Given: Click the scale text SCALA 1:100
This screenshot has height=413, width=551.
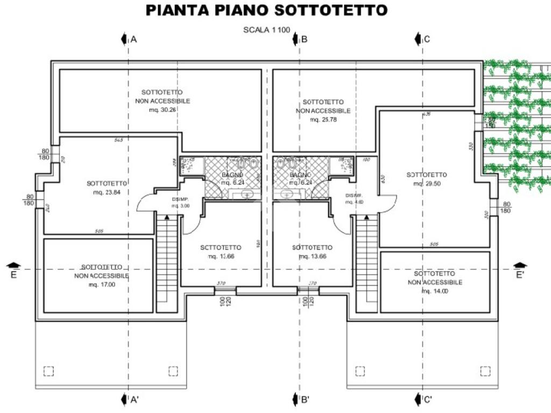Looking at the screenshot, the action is (x=267, y=30).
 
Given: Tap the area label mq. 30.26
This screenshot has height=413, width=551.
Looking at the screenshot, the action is (x=163, y=110).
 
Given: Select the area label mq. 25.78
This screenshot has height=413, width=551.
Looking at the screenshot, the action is (x=323, y=119).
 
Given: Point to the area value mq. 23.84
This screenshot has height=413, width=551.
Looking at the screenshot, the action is (x=107, y=192).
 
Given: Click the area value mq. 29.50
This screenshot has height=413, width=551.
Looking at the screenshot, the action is (x=427, y=183).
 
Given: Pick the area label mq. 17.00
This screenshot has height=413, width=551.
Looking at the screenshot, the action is (x=102, y=284).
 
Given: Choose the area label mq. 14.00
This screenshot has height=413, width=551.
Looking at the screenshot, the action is (x=435, y=291).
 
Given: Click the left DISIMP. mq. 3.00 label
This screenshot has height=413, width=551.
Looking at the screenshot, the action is (x=181, y=203).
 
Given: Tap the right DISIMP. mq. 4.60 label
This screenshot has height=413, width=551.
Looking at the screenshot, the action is (x=355, y=198).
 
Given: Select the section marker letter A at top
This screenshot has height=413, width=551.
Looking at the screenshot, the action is (x=134, y=39).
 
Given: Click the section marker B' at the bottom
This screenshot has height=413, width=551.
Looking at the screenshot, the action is (x=305, y=400).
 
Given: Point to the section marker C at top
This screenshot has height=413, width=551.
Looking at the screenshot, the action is (x=427, y=39).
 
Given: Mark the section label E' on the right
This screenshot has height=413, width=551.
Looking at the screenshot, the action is (x=520, y=275).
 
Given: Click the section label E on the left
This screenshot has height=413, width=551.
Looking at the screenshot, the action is (x=14, y=275).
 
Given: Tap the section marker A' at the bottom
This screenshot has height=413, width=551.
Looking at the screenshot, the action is (x=135, y=400).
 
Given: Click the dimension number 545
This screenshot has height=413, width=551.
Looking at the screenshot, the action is (x=119, y=140).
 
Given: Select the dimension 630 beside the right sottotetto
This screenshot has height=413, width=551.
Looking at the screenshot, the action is (x=383, y=179).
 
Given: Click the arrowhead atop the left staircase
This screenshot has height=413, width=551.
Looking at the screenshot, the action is (x=167, y=217).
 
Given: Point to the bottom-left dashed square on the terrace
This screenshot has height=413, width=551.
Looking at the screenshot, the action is (x=48, y=371).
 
